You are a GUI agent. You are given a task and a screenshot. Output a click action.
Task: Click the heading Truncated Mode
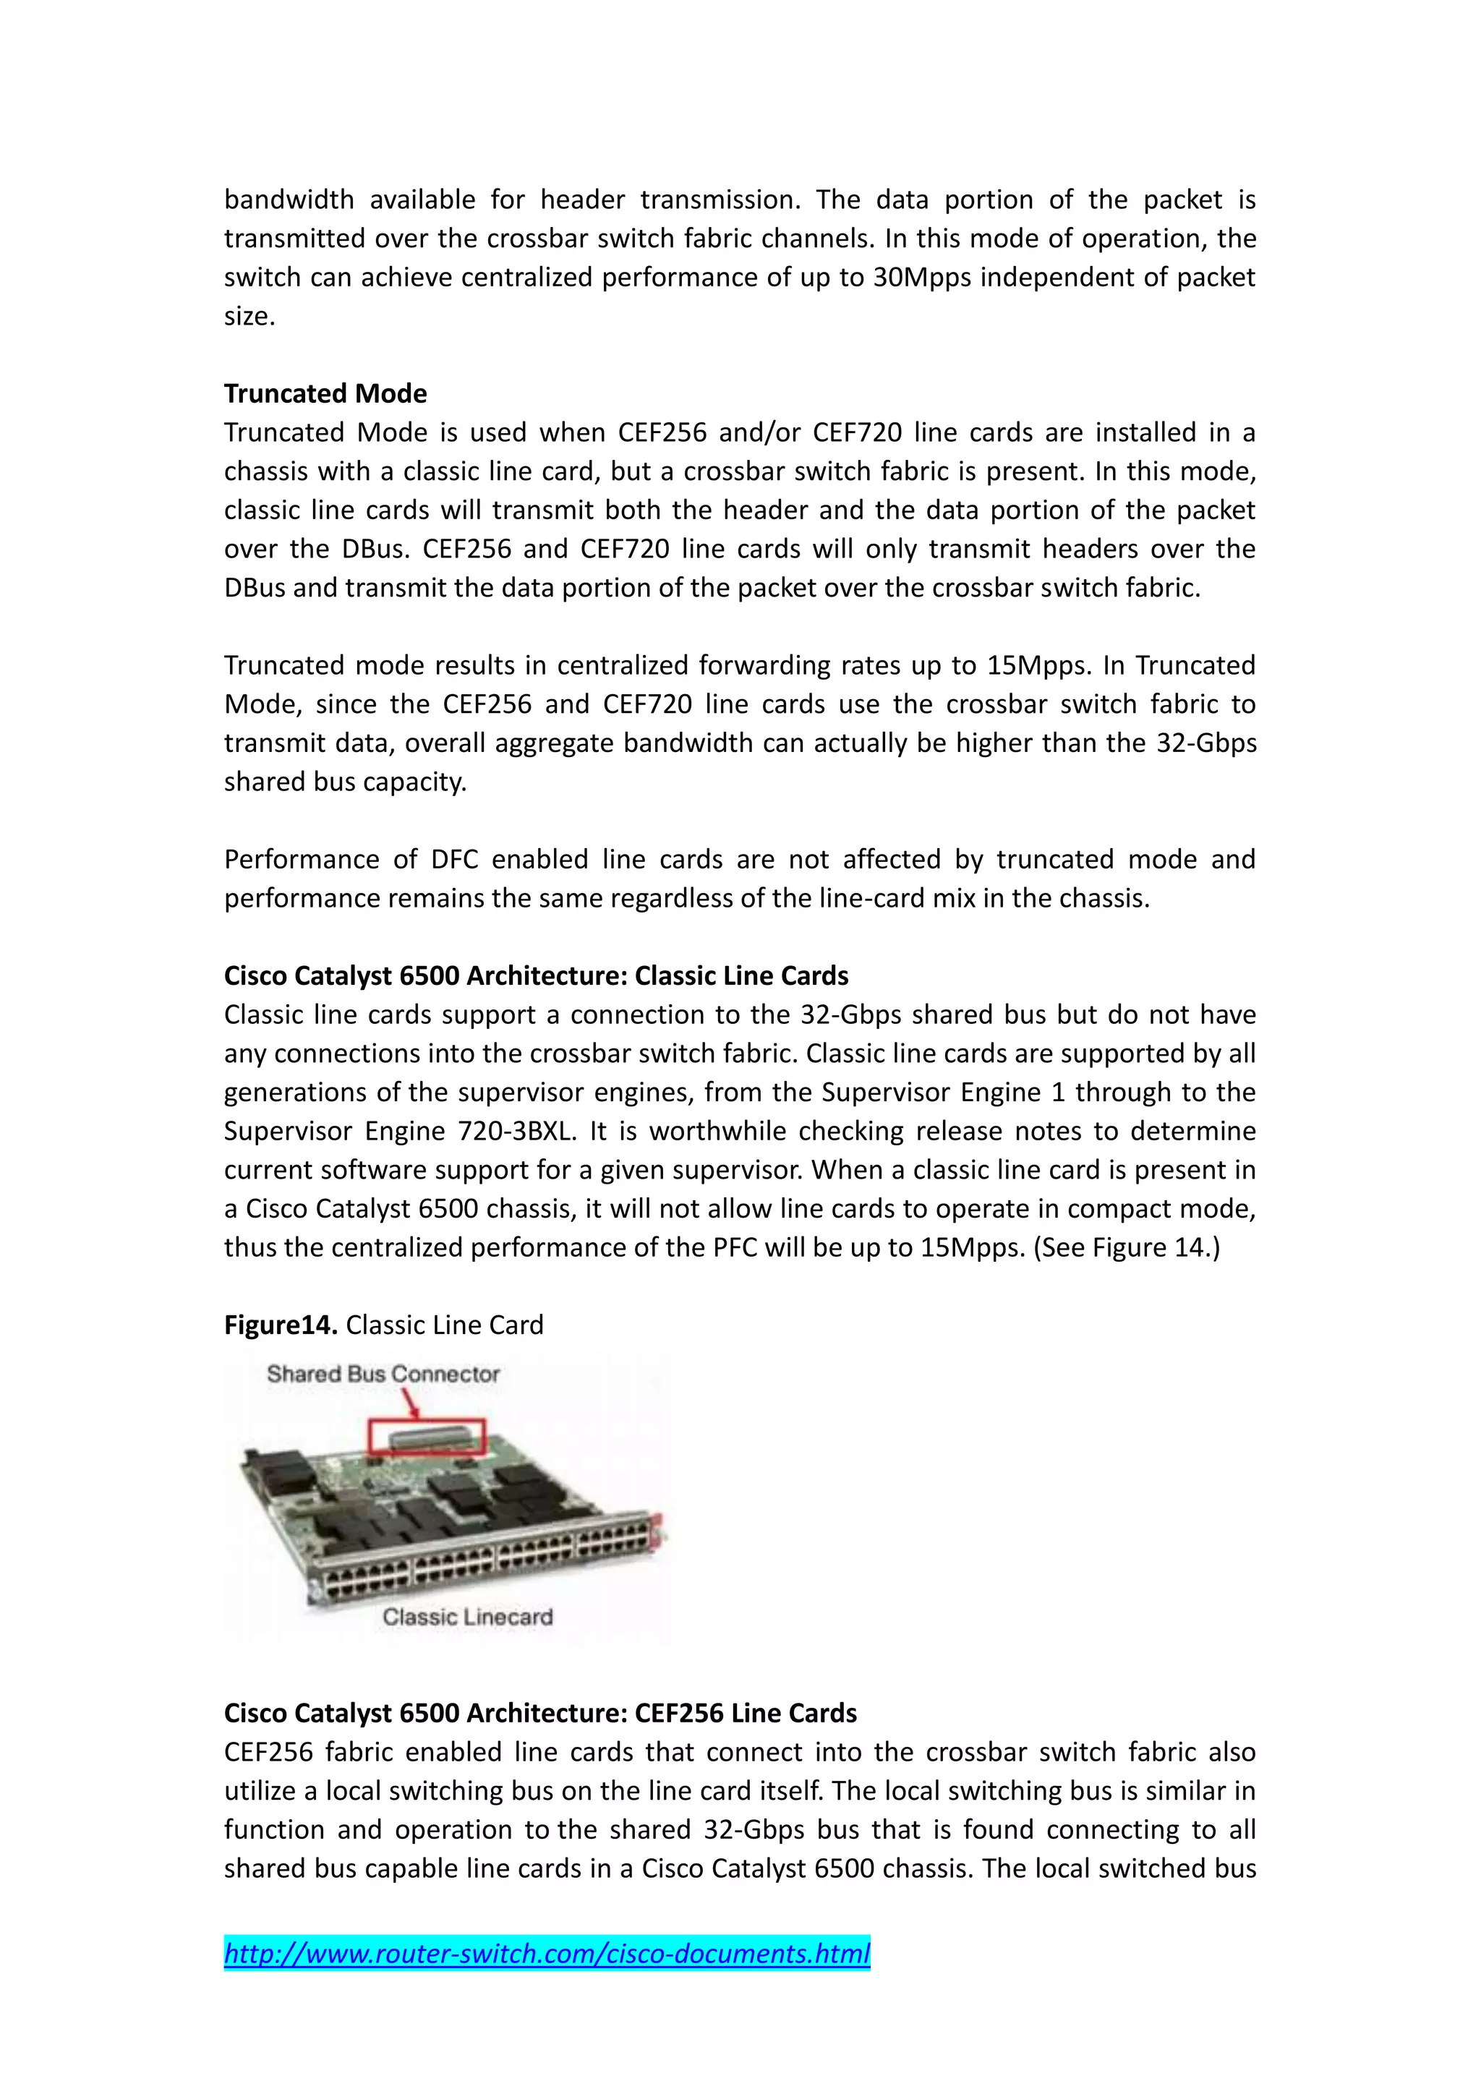(325, 393)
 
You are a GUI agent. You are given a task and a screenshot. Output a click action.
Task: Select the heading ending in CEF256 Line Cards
(540, 1713)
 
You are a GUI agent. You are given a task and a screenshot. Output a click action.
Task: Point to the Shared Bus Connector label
(383, 1374)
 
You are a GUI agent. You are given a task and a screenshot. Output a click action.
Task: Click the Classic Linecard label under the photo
(467, 1616)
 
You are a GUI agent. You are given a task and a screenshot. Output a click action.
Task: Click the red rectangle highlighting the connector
(426, 1438)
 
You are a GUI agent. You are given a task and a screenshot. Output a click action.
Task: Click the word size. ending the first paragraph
(249, 317)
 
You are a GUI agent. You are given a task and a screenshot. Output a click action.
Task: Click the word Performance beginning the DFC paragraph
(302, 859)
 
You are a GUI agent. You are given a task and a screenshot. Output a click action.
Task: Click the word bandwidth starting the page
(289, 200)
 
